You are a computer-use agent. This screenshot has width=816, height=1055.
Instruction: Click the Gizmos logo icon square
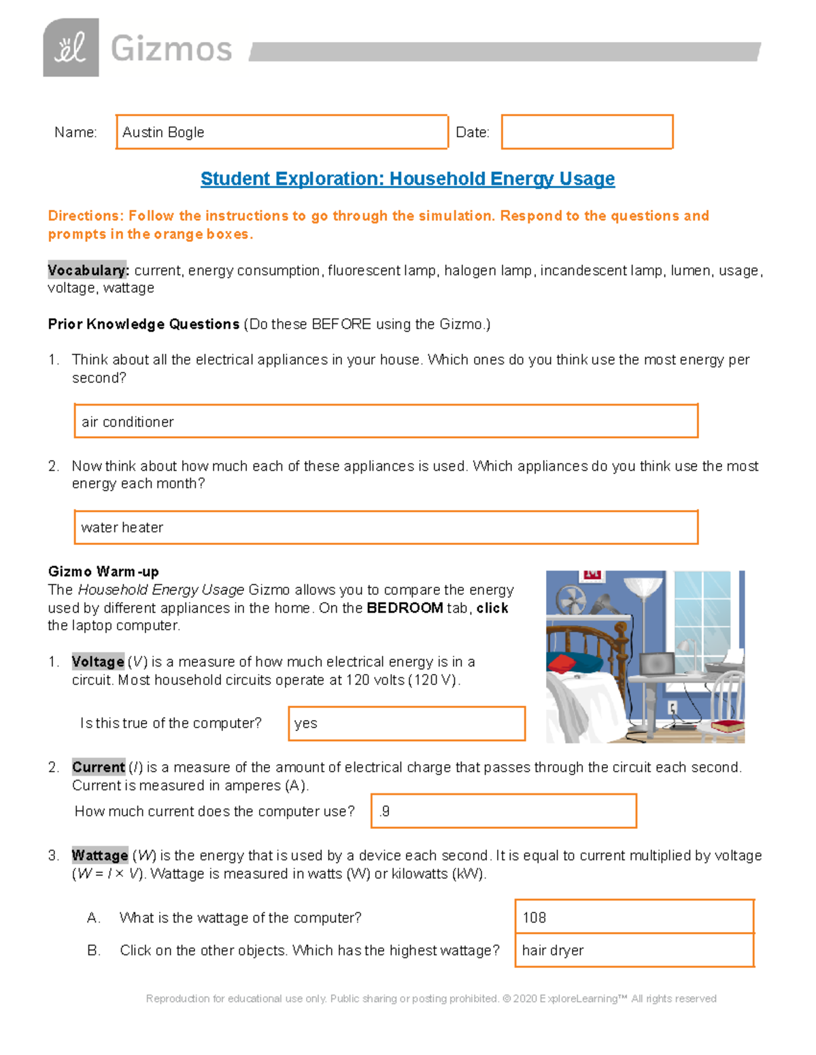[x=71, y=48]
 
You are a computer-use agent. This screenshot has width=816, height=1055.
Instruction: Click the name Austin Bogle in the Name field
[x=163, y=132]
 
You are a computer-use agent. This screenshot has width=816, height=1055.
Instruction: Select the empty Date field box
[x=587, y=132]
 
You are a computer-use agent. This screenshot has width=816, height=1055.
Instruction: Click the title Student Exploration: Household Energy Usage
[x=407, y=179]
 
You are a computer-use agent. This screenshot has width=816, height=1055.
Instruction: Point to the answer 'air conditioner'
[x=128, y=422]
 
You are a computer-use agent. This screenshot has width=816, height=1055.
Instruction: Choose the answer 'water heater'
[x=122, y=527]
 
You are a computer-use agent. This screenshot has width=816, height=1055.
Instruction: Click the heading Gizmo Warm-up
[x=103, y=571]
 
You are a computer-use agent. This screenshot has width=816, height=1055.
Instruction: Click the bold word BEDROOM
[x=405, y=608]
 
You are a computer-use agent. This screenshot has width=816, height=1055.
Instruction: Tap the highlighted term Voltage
[x=98, y=662]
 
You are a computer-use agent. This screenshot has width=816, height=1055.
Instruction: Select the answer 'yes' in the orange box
[x=306, y=723]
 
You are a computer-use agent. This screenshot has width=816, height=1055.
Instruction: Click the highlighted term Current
[x=99, y=767]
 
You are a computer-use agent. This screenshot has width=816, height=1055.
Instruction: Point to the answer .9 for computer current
[x=385, y=811]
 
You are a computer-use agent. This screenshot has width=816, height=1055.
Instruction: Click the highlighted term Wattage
[x=100, y=855]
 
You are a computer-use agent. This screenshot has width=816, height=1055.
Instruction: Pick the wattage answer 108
[x=534, y=918]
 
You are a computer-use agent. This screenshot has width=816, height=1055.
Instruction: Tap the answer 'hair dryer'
[x=553, y=950]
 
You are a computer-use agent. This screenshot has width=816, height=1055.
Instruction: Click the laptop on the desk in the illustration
[x=656, y=664]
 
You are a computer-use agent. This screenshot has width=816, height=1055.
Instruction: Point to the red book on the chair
[x=728, y=726]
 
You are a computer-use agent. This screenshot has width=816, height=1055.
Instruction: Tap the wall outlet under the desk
[x=673, y=709]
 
